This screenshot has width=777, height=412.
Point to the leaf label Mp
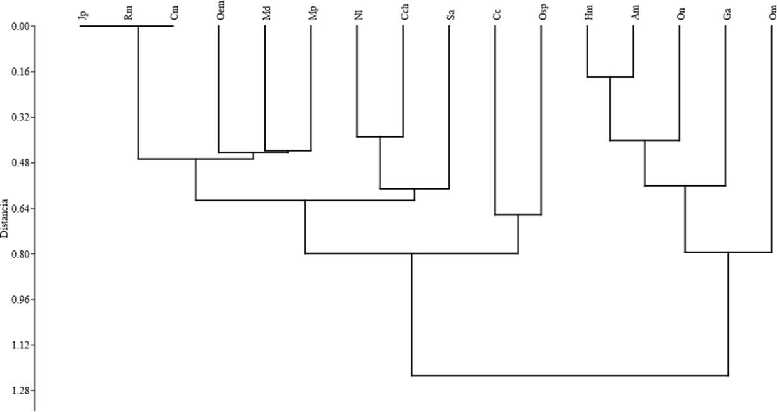[311, 15]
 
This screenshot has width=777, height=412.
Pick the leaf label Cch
[404, 15]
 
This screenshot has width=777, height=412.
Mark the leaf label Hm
[588, 15]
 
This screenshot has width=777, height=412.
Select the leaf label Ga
[725, 15]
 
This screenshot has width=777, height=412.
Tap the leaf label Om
[772, 15]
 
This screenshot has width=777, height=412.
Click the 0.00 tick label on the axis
[20, 27]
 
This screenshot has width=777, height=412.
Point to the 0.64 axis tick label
[20, 209]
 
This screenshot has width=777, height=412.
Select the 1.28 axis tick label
[20, 391]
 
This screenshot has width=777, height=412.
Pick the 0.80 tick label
[20, 255]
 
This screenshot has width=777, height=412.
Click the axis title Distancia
[6, 217]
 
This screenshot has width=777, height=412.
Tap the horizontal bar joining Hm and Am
[609, 77]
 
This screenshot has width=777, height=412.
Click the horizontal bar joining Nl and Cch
[380, 136]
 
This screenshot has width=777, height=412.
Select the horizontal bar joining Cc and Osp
[518, 215]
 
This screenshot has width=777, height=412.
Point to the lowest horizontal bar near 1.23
[570, 376]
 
